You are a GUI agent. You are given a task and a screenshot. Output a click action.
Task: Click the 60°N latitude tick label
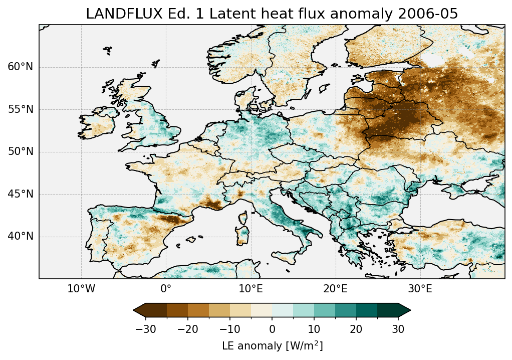pyautogui.click(x=20, y=67)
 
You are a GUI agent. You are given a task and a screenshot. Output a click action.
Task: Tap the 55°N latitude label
pyautogui.click(x=20, y=109)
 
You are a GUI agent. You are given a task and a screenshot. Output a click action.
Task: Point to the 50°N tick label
pyautogui.click(x=20, y=151)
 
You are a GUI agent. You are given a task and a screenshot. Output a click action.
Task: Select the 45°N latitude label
pyautogui.click(x=20, y=194)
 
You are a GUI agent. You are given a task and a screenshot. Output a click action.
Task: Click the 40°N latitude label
pyautogui.click(x=20, y=236)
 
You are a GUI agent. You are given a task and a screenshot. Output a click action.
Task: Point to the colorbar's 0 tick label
pyautogui.click(x=272, y=329)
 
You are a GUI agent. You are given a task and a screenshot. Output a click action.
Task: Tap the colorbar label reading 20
pyautogui.click(x=356, y=329)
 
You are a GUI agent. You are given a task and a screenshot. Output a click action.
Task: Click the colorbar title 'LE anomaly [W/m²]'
pyautogui.click(x=272, y=346)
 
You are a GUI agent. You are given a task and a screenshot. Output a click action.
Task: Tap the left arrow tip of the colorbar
pyautogui.click(x=135, y=310)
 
